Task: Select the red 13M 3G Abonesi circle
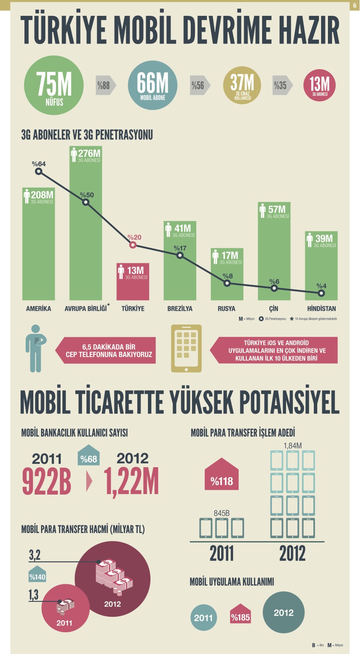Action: [x=319, y=85]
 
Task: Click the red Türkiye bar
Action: [x=133, y=282]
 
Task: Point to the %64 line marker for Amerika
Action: [x=38, y=171]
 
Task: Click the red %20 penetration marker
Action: [x=133, y=245]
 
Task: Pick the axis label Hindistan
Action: [x=322, y=309]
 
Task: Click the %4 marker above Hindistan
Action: [x=321, y=293]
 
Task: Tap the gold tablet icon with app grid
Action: [x=186, y=348]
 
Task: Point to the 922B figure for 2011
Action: [x=47, y=481]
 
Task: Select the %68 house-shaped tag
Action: [x=89, y=458]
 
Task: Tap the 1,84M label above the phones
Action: [x=293, y=445]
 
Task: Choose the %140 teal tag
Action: [x=37, y=576]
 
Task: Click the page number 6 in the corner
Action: [x=354, y=6]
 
